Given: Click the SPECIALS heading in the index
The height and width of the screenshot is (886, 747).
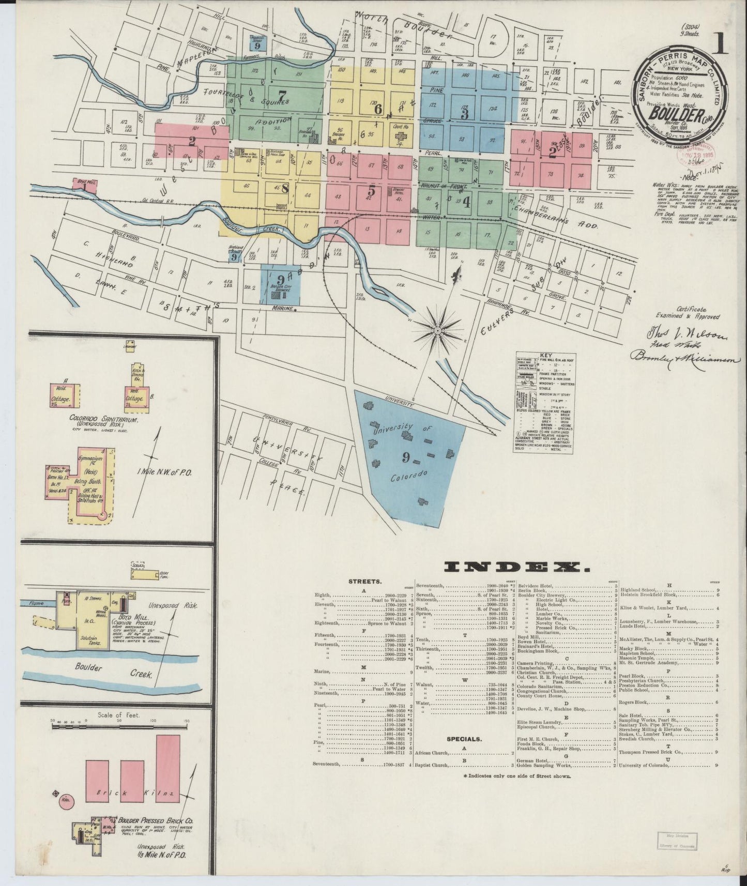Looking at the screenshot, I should [x=466, y=739].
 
